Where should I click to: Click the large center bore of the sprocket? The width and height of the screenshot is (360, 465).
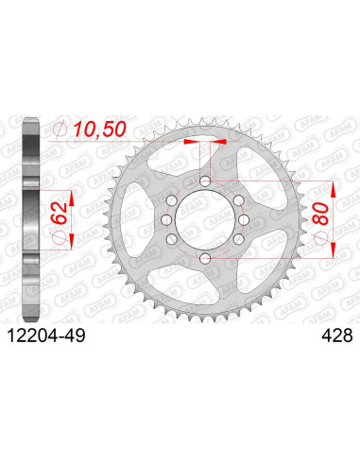[205, 219]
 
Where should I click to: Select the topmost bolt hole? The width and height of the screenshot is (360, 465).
[205, 181]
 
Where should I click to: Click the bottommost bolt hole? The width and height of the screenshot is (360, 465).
[205, 258]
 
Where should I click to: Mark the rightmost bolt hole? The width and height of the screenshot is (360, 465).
[242, 219]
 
